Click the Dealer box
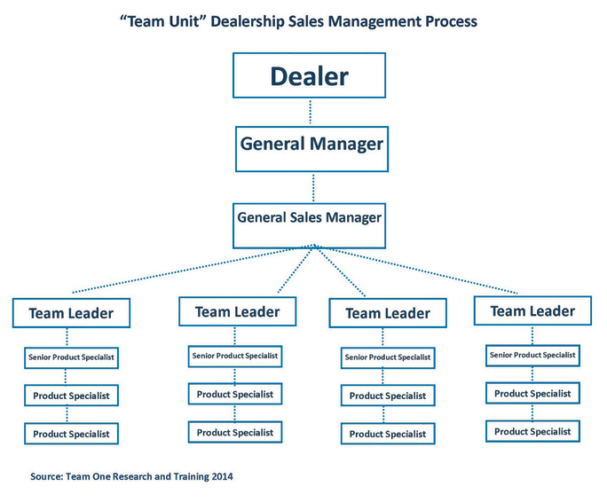[310, 76]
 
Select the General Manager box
[311, 145]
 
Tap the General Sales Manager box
[309, 217]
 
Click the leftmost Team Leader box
[71, 313]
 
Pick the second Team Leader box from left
[237, 311]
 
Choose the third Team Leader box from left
[387, 313]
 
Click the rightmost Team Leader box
[532, 310]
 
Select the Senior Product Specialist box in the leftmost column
[71, 357]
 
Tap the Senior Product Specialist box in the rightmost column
[532, 355]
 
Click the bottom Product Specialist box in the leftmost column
[71, 434]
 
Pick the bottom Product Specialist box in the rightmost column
[532, 431]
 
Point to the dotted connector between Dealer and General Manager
[311, 111]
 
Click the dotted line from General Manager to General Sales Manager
[311, 189]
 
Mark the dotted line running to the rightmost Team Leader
[426, 271]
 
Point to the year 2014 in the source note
[221, 476]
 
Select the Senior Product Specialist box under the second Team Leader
[235, 356]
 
